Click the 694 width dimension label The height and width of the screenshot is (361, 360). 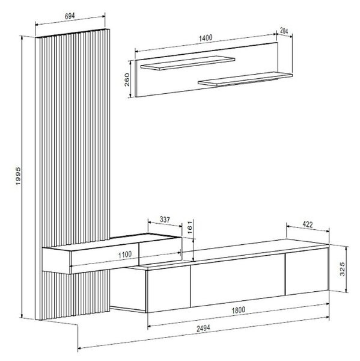[x=70, y=16]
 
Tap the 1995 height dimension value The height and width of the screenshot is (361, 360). [x=18, y=176]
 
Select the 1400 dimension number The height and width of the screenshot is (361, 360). [x=206, y=38]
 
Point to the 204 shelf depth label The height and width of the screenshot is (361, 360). [x=284, y=31]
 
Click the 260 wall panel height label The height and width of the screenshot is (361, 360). [x=127, y=79]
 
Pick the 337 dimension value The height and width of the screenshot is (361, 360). [x=165, y=220]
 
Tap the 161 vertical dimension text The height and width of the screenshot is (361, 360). [x=190, y=227]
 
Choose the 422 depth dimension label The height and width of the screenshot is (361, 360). [x=308, y=224]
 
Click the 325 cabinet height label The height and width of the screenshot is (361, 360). [x=343, y=269]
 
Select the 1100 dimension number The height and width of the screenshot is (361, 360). [x=125, y=255]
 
